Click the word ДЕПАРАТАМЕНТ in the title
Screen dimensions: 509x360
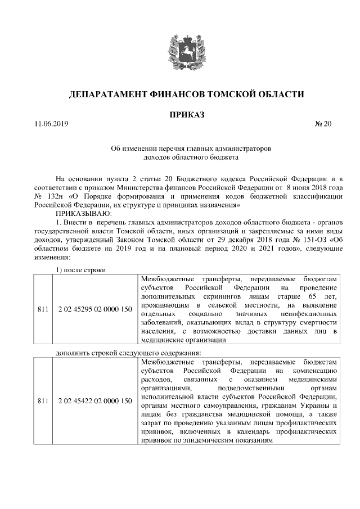point(108,93)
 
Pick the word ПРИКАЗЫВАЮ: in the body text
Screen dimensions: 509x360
point(83,213)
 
